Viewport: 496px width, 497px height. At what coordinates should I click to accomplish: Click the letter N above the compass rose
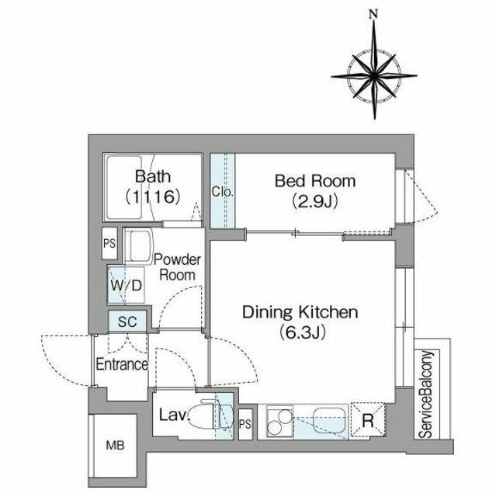374,14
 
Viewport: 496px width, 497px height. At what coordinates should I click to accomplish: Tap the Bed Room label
315,181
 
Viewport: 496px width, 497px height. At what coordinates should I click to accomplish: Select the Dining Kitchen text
300,312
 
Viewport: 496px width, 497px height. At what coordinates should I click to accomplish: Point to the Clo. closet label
223,192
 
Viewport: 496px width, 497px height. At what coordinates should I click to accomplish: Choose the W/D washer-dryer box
126,285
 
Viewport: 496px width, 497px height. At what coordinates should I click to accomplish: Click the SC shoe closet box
127,321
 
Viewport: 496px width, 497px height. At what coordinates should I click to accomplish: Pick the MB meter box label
115,446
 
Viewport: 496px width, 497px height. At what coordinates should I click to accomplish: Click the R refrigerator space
368,420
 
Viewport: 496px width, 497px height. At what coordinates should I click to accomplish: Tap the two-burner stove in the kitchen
279,421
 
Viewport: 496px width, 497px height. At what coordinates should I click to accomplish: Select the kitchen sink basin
329,420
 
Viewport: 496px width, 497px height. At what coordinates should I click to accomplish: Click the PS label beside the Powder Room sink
109,243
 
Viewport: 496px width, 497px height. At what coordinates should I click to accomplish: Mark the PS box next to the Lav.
245,424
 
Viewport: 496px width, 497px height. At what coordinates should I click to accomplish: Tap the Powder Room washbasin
139,246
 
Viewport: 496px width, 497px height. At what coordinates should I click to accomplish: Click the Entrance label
122,364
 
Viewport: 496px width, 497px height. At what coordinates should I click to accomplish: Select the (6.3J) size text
303,333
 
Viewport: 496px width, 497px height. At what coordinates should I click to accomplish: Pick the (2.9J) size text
315,201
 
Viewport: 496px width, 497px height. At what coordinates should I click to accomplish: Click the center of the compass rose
374,76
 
